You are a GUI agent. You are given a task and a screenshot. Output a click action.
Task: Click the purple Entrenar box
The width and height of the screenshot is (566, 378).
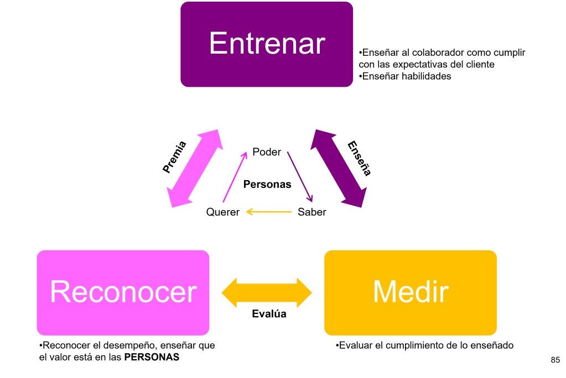267,44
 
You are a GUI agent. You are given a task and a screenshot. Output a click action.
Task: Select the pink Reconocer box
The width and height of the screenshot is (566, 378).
123,292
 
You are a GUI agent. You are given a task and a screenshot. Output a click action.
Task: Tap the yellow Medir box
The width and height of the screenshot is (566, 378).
410,292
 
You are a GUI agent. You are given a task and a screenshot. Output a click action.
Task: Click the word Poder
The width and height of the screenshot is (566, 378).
267,151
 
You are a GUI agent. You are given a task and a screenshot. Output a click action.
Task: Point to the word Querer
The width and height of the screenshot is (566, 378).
222,212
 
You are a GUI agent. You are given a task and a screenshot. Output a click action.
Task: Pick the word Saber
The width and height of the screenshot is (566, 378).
312,212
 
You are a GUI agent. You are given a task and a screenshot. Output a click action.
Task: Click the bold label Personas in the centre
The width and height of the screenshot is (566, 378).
267,185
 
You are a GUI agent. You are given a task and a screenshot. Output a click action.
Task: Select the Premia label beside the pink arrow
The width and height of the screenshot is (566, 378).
175,158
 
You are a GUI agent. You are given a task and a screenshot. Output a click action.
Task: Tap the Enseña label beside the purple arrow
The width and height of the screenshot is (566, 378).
359,159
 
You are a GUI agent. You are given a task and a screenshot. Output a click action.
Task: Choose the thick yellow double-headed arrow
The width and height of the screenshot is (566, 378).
267,292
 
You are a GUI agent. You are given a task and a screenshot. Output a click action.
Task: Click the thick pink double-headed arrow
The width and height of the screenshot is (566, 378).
195,169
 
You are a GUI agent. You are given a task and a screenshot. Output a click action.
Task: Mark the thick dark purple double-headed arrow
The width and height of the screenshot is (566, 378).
339,169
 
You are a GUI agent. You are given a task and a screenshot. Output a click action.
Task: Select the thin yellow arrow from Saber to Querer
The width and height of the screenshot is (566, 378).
269,212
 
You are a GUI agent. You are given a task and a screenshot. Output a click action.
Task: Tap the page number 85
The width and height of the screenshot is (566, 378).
555,360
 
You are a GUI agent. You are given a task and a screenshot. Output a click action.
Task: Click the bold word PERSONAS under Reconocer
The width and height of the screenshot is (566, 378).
152,358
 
